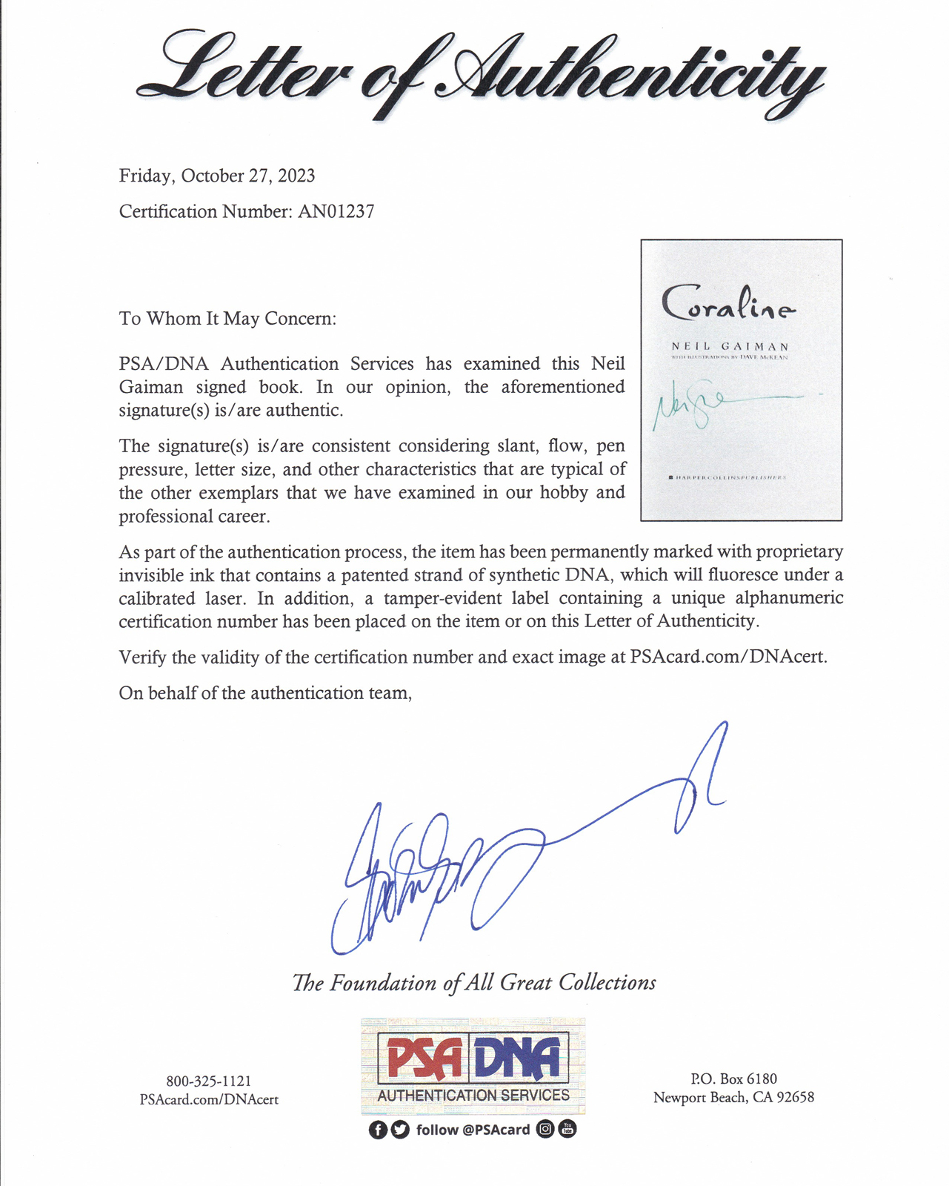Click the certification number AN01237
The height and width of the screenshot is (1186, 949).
[x=336, y=212]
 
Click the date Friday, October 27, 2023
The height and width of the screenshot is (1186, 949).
[x=217, y=176]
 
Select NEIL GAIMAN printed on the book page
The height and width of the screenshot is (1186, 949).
[x=730, y=346]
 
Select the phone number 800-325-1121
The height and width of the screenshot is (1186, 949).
[x=209, y=1082]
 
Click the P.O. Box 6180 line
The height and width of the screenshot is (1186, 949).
[x=733, y=1079]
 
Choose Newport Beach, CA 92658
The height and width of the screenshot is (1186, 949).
[x=733, y=1098]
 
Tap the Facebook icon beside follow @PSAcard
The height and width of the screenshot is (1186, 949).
[x=378, y=1130]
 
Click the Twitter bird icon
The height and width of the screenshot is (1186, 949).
[x=400, y=1130]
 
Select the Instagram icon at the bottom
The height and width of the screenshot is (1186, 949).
[x=545, y=1129]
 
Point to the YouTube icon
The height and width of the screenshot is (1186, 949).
[x=567, y=1129]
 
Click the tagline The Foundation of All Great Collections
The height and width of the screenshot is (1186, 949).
[x=474, y=983]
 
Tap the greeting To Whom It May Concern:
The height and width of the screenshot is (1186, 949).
[x=227, y=319]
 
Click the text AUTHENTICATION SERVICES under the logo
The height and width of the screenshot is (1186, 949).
[x=473, y=1096]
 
